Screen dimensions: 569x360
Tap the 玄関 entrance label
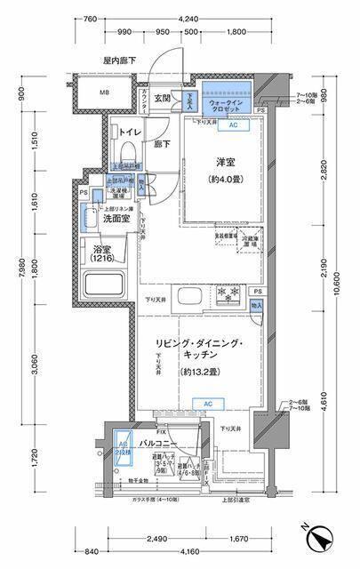point(163,99)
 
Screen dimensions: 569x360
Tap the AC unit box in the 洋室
point(233,125)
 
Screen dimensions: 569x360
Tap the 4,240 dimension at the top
point(188,18)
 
